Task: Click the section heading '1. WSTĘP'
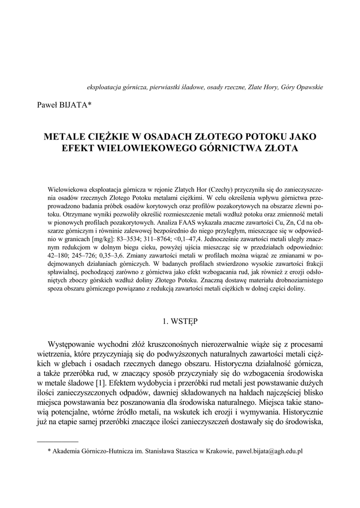coord(180,321)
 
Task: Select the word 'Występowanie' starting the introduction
coord(72,344)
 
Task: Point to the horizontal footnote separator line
coord(58,441)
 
